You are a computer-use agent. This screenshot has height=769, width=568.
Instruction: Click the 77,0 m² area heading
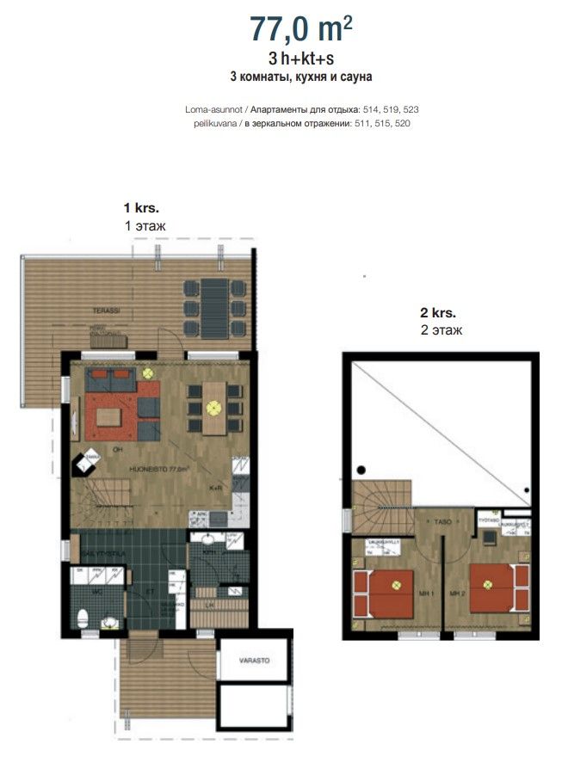(300, 28)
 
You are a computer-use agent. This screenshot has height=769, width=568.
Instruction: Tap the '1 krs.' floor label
(142, 208)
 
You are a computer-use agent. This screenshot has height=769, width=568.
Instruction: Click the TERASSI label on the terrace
(108, 309)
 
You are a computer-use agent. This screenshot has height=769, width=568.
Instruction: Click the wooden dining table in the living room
(215, 408)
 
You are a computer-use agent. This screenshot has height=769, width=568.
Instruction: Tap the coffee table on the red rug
(109, 417)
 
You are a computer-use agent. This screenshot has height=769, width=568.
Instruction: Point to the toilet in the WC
(83, 618)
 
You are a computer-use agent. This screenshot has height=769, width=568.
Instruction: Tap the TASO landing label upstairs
(443, 522)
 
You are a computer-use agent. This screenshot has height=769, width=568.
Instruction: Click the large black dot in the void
(362, 470)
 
